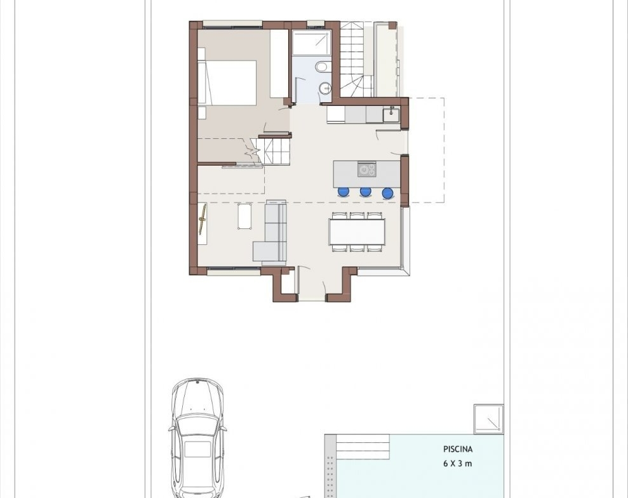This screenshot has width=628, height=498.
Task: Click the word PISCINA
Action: click(x=458, y=449)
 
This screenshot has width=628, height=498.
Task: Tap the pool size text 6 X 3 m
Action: click(x=457, y=464)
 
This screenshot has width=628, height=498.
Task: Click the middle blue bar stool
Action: click(x=365, y=192)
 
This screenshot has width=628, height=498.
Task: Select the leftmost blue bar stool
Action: click(x=344, y=192)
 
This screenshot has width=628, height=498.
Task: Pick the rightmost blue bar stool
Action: click(x=387, y=193)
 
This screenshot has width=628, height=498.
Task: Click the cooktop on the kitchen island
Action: click(x=367, y=169)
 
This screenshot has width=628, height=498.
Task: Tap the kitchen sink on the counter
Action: click(x=391, y=115)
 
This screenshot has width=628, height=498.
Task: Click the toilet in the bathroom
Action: click(x=323, y=67)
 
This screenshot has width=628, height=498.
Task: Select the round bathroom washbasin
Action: click(x=325, y=87)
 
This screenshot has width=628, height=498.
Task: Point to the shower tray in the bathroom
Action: click(x=312, y=43)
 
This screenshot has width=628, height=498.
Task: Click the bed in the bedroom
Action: click(x=227, y=83)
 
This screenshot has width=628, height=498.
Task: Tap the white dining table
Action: click(x=357, y=232)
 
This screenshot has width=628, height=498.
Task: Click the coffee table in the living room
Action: click(x=244, y=216)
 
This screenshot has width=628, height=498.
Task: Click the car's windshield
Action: click(x=197, y=425)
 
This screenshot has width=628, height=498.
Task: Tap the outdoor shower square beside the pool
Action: click(x=489, y=419)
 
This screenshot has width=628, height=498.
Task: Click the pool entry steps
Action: click(x=363, y=447)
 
